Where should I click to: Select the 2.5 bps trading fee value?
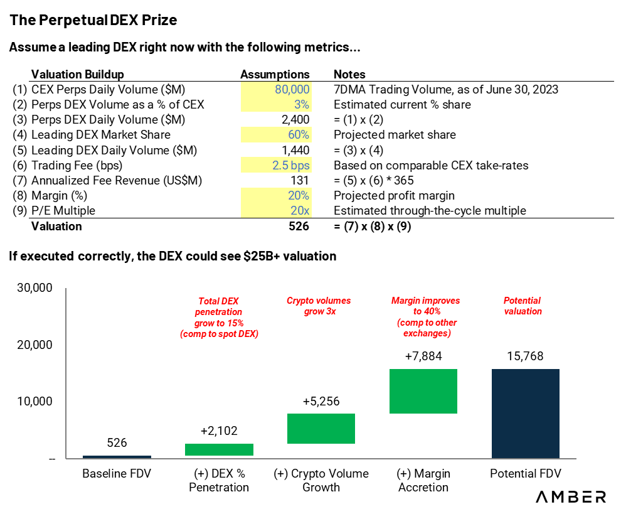point(290,165)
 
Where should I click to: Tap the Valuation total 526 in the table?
point(299,227)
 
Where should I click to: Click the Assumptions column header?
point(275,75)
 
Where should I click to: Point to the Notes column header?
point(349,75)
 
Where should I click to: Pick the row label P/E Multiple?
point(63,210)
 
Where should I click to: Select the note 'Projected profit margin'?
point(394,195)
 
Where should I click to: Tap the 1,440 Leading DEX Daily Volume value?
point(295,150)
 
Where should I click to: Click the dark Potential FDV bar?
point(526,414)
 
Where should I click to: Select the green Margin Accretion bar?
point(423,391)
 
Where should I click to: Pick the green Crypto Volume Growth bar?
point(321,429)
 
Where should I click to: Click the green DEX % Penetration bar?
point(219,449)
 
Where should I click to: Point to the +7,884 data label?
point(423,356)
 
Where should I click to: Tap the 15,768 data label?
point(526,356)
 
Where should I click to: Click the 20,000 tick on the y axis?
point(34,345)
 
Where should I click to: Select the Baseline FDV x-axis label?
point(117,474)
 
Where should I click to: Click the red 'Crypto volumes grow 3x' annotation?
point(319,306)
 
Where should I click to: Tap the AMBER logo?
point(571,496)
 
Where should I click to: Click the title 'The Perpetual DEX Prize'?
point(93,20)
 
